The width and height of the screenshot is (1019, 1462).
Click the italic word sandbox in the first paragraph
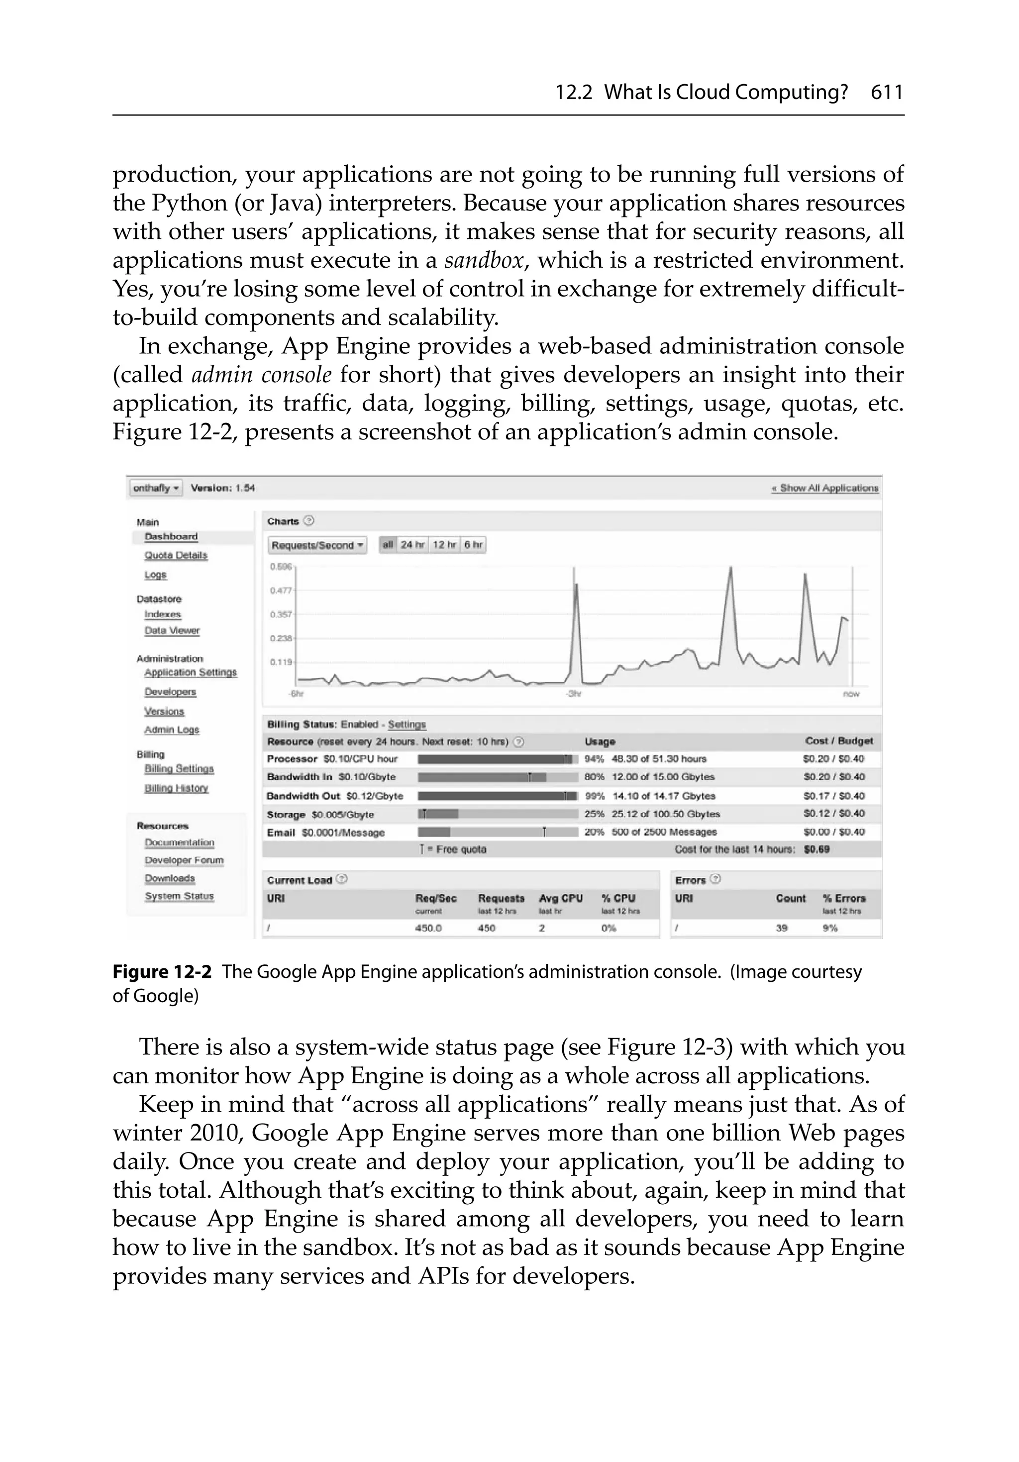pos(484,260)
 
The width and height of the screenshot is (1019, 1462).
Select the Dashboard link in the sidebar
pos(171,537)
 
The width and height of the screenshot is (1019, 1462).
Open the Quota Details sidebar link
pos(176,555)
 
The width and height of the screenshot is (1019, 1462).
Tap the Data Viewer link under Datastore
pos(172,630)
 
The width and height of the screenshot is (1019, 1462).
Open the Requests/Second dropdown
pos(318,545)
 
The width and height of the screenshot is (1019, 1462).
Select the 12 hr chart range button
pos(444,545)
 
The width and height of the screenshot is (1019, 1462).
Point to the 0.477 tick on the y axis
pos(280,591)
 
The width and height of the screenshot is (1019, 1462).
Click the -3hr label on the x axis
pos(574,694)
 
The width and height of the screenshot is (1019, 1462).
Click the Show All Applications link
pos(825,488)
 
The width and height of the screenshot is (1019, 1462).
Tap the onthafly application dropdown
pos(155,488)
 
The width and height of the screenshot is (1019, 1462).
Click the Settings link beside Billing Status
pos(407,725)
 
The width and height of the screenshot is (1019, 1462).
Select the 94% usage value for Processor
pos(594,759)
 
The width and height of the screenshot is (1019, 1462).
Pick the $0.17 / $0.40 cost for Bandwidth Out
pos(834,796)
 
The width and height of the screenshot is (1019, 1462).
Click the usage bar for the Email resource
pos(498,832)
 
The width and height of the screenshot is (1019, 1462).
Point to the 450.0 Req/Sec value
pos(428,929)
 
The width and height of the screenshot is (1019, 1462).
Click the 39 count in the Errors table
pos(782,929)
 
